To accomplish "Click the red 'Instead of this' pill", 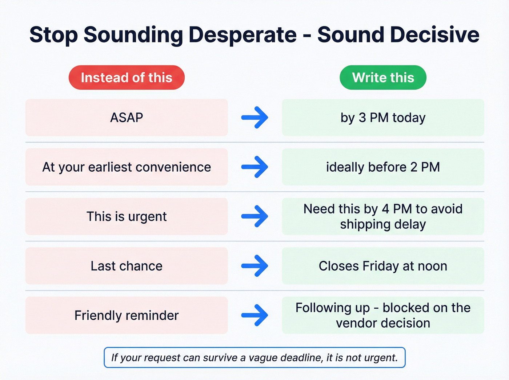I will pyautogui.click(x=127, y=77).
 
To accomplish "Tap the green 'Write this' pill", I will pyautogui.click(x=383, y=77).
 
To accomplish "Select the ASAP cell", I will pyautogui.click(x=127, y=117).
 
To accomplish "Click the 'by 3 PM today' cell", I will pyautogui.click(x=383, y=117).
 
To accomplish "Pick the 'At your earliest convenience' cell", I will pyautogui.click(x=127, y=167).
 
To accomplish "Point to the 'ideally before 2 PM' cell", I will pyautogui.click(x=383, y=167).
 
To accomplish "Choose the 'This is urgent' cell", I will pyautogui.click(x=127, y=216).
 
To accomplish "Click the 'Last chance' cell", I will pyautogui.click(x=127, y=266).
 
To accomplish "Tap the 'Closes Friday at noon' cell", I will pyautogui.click(x=383, y=266).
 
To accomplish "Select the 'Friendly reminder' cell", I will pyautogui.click(x=127, y=315).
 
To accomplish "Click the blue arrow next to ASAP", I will pyautogui.click(x=255, y=117).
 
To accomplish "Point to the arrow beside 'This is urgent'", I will pyautogui.click(x=255, y=216).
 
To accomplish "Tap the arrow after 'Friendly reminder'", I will pyautogui.click(x=255, y=315).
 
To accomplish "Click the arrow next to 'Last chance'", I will pyautogui.click(x=255, y=266).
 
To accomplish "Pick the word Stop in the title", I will pyautogui.click(x=53, y=35).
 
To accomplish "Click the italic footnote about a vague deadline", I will pyautogui.click(x=254, y=357).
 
